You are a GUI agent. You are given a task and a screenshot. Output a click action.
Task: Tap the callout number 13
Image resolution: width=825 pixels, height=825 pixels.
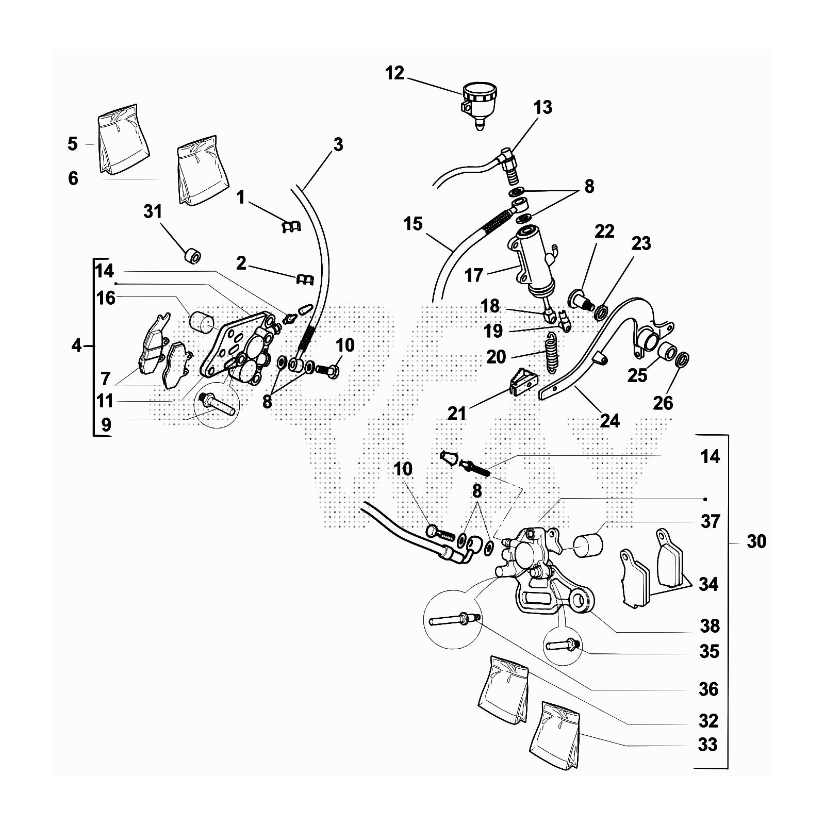542,107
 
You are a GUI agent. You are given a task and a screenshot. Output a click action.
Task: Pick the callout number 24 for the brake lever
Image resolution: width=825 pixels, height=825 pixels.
609,420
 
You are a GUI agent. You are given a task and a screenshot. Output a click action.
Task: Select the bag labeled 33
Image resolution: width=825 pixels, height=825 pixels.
555,730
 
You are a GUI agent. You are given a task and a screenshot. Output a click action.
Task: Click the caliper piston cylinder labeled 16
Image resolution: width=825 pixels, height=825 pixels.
202,323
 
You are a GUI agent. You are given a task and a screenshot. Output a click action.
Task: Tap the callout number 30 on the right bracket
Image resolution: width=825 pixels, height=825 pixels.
756,541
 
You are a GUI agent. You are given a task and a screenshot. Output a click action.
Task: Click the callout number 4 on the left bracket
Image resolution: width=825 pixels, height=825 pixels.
76,345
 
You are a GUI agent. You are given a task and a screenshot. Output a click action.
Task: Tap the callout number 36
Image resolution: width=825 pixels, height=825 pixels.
708,689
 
